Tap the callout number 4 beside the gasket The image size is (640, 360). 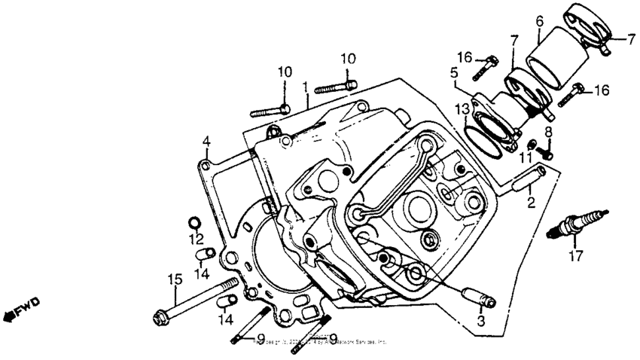pyautogui.click(x=206, y=141)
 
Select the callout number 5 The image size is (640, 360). pyautogui.click(x=454, y=73)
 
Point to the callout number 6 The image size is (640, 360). pyautogui.click(x=540, y=23)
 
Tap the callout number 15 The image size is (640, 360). pyautogui.click(x=175, y=279)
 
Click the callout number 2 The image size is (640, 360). pyautogui.click(x=531, y=202)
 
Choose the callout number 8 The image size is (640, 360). pyautogui.click(x=548, y=132)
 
